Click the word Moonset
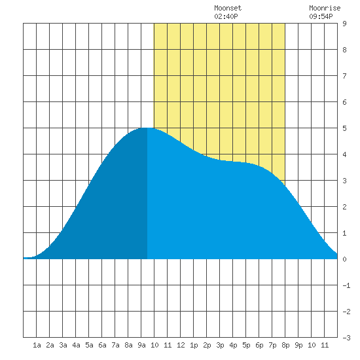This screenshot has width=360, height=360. (x=228, y=8)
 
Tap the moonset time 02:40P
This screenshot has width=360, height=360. (x=226, y=16)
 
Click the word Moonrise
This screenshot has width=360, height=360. (x=325, y=8)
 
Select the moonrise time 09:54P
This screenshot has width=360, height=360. (x=321, y=16)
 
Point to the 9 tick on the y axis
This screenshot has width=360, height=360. (x=344, y=24)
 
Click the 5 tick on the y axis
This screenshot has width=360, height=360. (x=344, y=128)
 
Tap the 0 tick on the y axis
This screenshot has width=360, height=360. (x=344, y=259)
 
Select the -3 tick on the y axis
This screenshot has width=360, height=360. (x=346, y=338)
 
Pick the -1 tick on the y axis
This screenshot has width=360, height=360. (x=346, y=285)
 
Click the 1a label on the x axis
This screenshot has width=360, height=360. (x=37, y=345)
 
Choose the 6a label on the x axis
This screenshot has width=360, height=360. (x=102, y=345)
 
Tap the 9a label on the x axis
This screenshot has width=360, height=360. (x=141, y=345)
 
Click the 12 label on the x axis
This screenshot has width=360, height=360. (x=181, y=345)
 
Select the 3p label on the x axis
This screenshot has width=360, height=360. (x=220, y=345)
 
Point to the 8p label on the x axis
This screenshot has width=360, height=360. (x=285, y=345)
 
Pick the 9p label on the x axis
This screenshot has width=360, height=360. (x=298, y=345)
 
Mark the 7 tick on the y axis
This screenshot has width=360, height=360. (x=344, y=76)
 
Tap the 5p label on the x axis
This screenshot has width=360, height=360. (x=246, y=345)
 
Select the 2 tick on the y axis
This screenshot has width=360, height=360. (x=344, y=207)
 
